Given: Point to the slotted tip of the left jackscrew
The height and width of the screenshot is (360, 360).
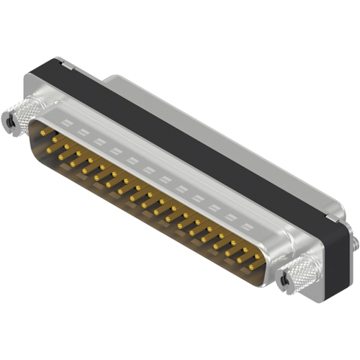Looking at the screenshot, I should (x=9, y=122).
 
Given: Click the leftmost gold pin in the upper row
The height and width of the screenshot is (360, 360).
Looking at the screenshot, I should (x=44, y=132).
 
